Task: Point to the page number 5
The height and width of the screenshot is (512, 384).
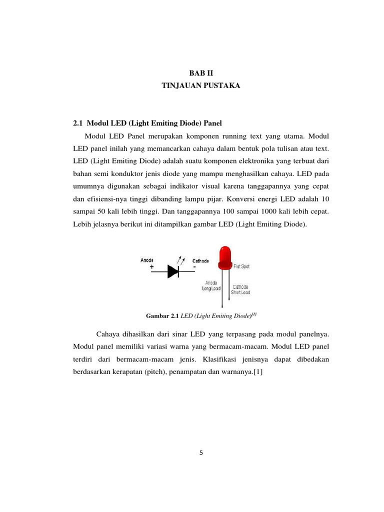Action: point(201,453)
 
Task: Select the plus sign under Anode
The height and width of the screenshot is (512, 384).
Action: point(152,267)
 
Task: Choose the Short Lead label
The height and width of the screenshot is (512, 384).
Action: point(240,292)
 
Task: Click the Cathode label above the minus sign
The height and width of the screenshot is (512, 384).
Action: point(200,260)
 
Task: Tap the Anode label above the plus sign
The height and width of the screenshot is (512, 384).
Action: point(147,260)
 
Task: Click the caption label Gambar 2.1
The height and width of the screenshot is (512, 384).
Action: point(162,316)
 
